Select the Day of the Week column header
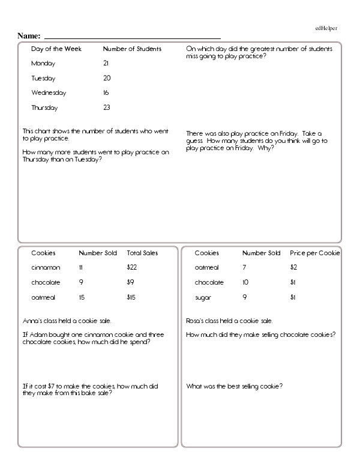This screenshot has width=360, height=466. pyautogui.click(x=56, y=49)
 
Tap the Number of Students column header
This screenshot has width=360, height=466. pyautogui.click(x=132, y=49)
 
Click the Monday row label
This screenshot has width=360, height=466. pyautogui.click(x=43, y=63)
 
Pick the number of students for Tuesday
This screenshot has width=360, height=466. pyautogui.click(x=107, y=78)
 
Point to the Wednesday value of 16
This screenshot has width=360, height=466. pyautogui.click(x=106, y=93)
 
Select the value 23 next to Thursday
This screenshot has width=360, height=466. pyautogui.click(x=107, y=108)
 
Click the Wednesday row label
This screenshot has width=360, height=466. pyautogui.click(x=49, y=93)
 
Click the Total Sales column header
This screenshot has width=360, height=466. pyautogui.click(x=142, y=253)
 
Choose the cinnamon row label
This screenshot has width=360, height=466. pyautogui.click(x=46, y=267)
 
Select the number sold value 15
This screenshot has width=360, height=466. pyautogui.click(x=82, y=297)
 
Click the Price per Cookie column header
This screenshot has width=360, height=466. pyautogui.click(x=315, y=253)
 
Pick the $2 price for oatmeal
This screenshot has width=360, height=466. pyautogui.click(x=294, y=267)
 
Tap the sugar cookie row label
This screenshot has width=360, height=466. pyautogui.click(x=203, y=297)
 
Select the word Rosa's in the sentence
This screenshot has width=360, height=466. pyautogui.click(x=196, y=320)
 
